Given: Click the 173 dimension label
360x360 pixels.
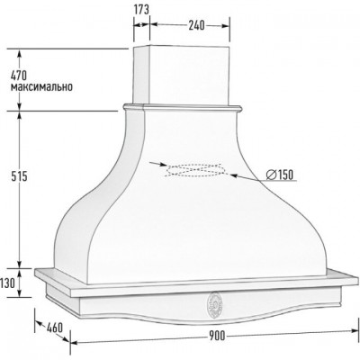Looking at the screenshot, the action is (x=141, y=10).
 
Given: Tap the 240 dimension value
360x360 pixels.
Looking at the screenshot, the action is (x=196, y=26).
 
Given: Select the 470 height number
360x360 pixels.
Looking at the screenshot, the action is (x=19, y=75).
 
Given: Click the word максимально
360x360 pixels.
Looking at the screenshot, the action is (x=41, y=87).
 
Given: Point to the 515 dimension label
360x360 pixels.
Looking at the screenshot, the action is (x=19, y=176).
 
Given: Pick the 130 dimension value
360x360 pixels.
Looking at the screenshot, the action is (x=7, y=283).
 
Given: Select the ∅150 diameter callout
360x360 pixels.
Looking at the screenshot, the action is (x=280, y=175).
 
